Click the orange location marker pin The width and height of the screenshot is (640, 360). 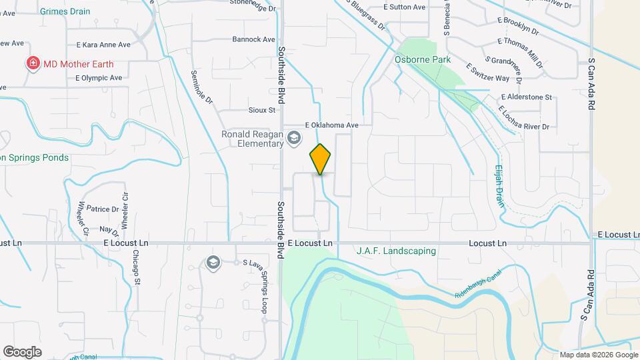coord(321,159)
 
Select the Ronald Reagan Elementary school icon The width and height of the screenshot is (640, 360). coord(295,138)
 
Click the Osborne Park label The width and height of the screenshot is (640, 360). coord(423,59)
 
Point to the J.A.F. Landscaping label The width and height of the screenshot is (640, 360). coord(396,251)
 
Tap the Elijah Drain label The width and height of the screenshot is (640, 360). coord(499,186)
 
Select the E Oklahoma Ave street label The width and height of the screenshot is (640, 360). coord(332,125)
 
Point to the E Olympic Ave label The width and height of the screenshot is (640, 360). coord(99,78)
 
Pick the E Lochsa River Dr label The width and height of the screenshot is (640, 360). coord(524,119)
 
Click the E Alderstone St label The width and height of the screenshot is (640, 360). coord(526,97)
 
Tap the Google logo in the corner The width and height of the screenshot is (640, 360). coord(22,352)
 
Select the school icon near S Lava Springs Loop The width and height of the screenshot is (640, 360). coord(213,261)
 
